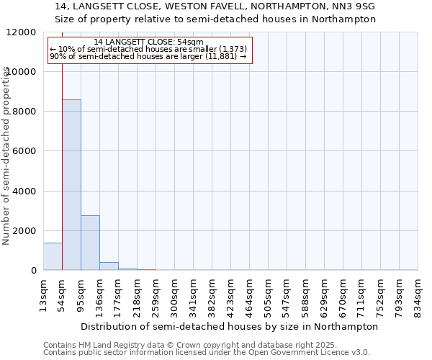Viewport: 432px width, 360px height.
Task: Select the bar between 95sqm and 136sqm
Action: (90, 243)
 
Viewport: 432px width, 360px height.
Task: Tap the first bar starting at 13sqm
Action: (53, 256)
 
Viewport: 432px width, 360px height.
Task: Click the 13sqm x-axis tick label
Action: (44, 294)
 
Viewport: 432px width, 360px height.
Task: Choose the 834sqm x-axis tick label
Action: (418, 294)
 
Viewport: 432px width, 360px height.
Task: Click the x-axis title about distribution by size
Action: (230, 326)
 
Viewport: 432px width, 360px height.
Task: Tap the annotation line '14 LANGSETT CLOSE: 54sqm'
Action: (149, 42)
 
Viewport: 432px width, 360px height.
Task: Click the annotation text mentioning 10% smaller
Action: (149, 49)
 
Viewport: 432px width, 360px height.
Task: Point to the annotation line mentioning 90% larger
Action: (149, 56)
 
